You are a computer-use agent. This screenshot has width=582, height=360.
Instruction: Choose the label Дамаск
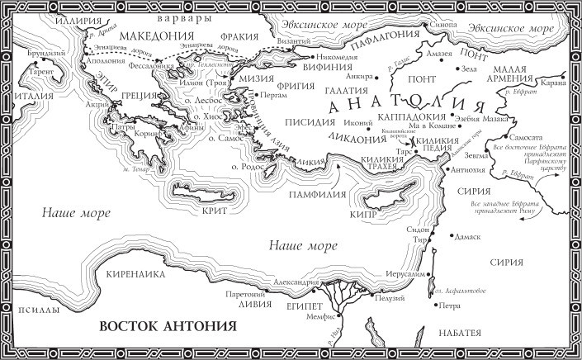[x=467, y=237]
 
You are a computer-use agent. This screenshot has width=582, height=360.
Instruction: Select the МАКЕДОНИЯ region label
[x=152, y=38]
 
